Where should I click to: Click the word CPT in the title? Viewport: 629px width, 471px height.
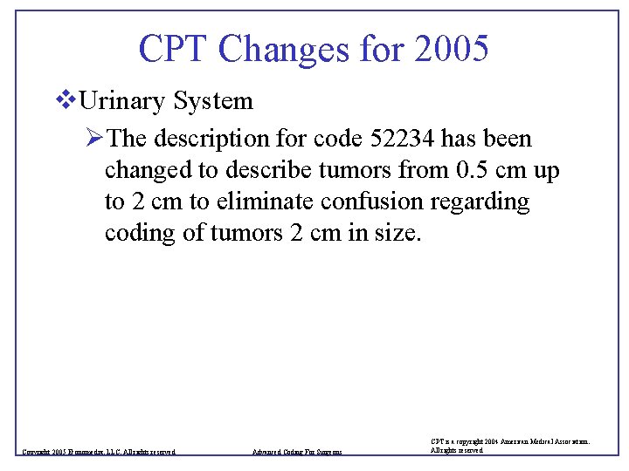pos(173,49)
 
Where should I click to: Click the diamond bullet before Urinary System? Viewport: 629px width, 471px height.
pos(62,101)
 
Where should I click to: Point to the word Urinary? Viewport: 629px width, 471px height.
pos(121,102)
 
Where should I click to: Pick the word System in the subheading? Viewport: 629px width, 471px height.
pos(213,102)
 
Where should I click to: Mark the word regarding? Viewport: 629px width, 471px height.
pos(487,202)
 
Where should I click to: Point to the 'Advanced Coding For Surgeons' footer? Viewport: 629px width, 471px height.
pos(296,452)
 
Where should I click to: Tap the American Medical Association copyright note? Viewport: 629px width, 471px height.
pos(510,446)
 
